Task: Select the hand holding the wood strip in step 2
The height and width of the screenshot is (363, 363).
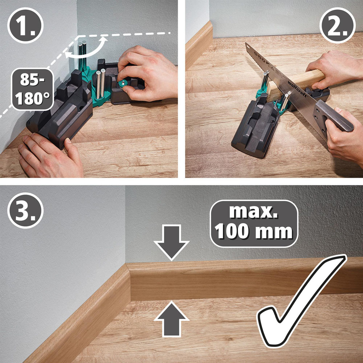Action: [x=334, y=67]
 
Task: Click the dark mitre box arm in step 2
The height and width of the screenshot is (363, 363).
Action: [x=254, y=127]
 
